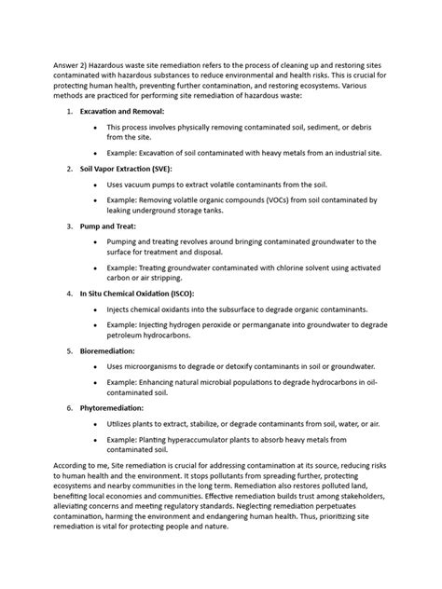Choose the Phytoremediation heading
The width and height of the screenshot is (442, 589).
pyautogui.click(x=112, y=408)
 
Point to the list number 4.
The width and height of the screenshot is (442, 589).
pyautogui.click(x=69, y=293)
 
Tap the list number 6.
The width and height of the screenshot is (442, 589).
pyautogui.click(x=69, y=408)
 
